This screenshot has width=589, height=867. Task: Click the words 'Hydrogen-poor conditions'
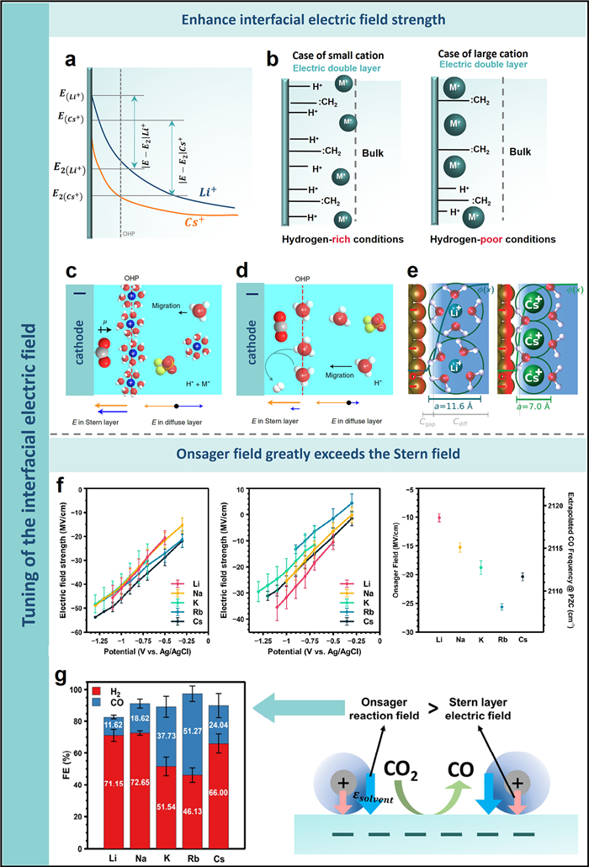(x=486, y=238)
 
